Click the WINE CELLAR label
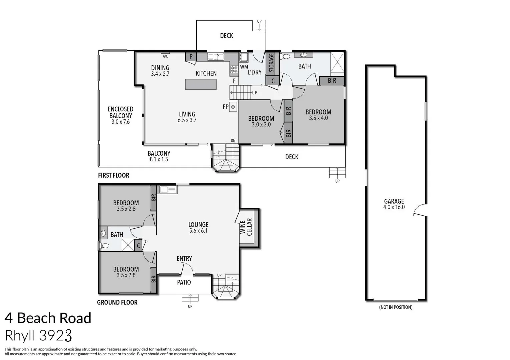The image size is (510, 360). [246, 227]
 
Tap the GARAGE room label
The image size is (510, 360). [394, 201]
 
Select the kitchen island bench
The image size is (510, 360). [201, 84]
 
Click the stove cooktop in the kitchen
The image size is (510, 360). [234, 69]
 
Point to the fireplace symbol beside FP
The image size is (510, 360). [233, 107]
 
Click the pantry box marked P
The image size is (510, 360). [191, 57]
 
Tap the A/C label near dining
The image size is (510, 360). [165, 56]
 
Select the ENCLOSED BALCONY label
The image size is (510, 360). [120, 112]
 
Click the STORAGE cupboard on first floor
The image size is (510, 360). [272, 63]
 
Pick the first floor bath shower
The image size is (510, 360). [337, 62]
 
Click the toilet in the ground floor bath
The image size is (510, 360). [104, 246]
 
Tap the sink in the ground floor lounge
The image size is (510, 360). [167, 190]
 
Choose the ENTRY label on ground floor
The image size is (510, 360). [184, 259]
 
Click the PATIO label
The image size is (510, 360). [184, 282]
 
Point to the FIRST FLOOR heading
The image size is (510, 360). [113, 175]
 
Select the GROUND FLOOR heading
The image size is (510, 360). [117, 302]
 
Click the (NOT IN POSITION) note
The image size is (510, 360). [395, 307]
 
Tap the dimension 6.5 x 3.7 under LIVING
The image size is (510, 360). [187, 120]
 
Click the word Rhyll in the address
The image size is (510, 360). [20, 335]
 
